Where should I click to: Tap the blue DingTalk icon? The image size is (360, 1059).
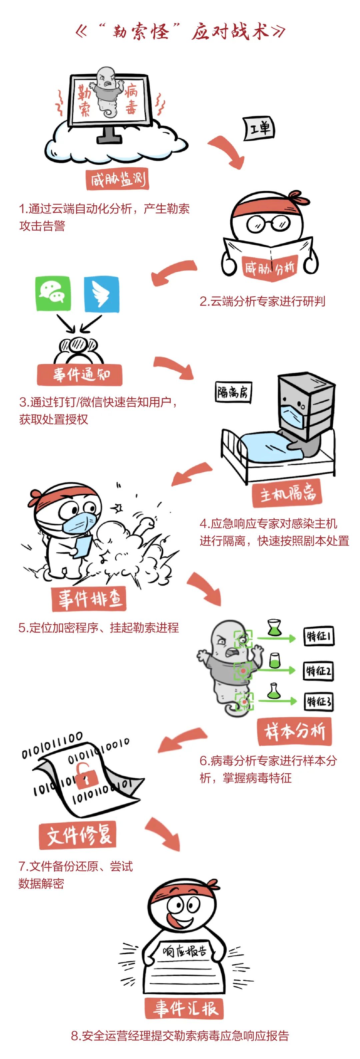(x=101, y=294)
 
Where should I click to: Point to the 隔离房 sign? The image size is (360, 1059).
(x=233, y=393)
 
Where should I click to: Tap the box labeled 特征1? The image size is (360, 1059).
(x=318, y=636)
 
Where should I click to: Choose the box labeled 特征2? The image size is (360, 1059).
(x=318, y=671)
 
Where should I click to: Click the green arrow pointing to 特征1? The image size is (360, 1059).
(x=276, y=638)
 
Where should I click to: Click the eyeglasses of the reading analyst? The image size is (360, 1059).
(x=268, y=224)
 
